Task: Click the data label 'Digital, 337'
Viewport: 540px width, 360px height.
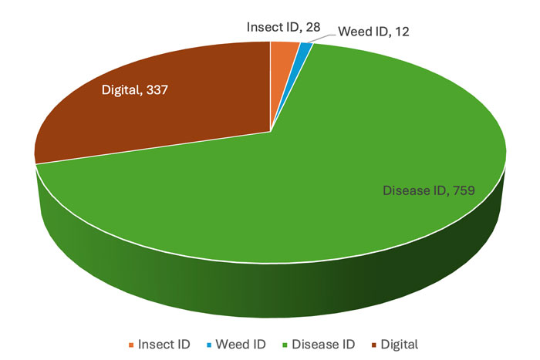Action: tap(135, 90)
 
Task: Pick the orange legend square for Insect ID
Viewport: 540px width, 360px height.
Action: tap(130, 343)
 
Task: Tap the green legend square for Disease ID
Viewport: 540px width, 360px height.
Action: tap(284, 343)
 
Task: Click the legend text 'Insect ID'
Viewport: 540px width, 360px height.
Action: tap(164, 343)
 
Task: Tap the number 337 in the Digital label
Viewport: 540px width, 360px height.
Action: tap(157, 90)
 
